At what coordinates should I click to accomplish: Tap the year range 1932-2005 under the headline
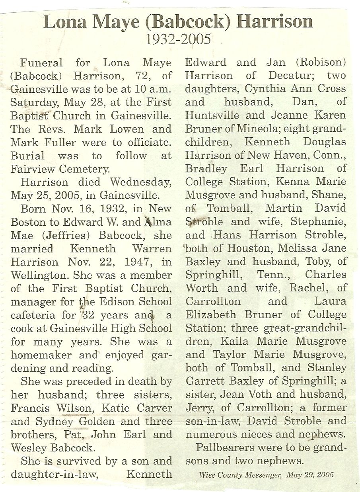[x=178, y=40]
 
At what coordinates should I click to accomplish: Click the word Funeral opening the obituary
[x=41, y=63]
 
